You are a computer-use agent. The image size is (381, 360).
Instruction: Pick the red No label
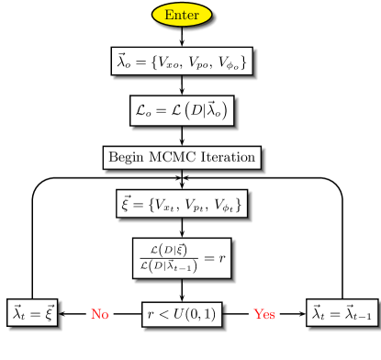[99, 314]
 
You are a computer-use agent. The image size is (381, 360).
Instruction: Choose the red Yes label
[264, 314]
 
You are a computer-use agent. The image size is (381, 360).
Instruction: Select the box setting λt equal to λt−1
[342, 313]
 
